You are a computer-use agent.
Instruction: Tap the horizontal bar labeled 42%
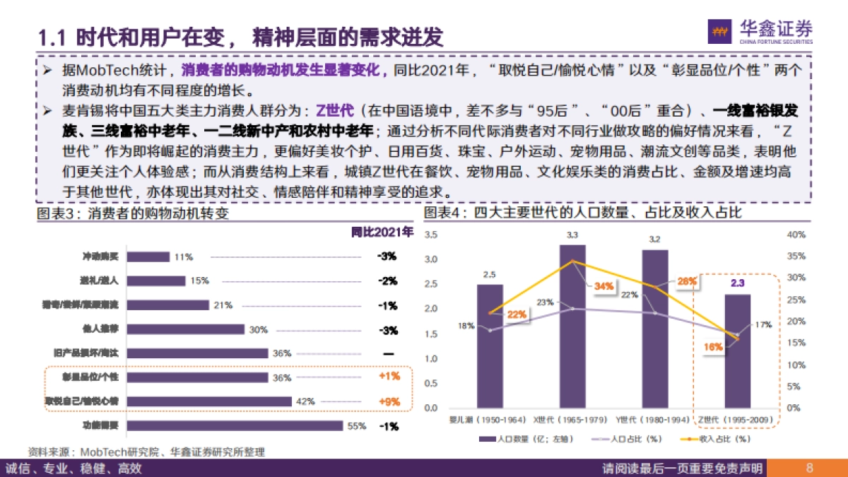click(209, 401)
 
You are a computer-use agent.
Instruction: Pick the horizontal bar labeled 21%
click(167, 305)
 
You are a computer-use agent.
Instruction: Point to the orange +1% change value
click(389, 377)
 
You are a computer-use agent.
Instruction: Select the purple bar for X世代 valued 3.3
click(572, 326)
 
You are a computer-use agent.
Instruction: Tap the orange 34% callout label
click(603, 286)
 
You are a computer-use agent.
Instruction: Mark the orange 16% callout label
click(713, 347)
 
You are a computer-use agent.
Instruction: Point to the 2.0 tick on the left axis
click(431, 309)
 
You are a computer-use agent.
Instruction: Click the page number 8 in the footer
click(810, 468)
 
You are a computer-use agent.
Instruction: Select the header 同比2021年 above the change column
click(382, 232)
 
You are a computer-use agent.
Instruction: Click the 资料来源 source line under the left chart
click(146, 452)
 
